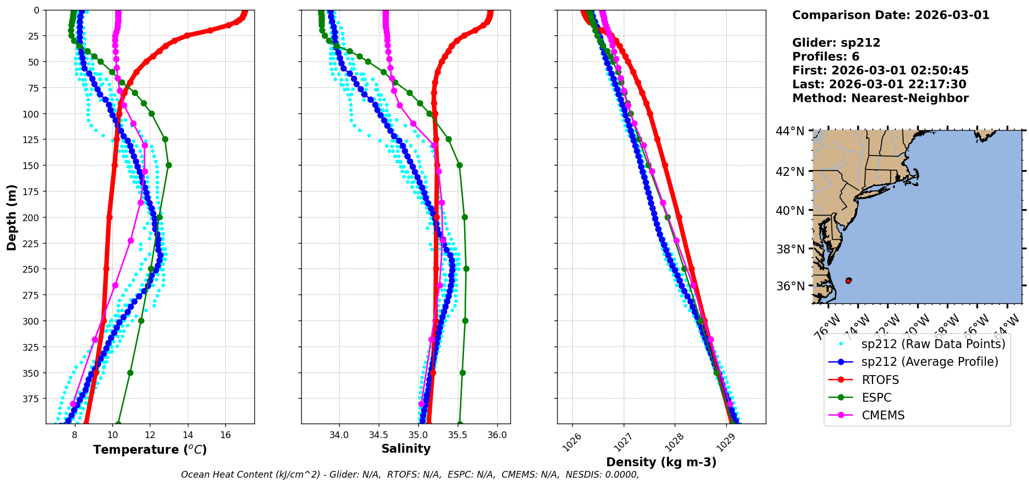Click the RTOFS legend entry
pos(880,380)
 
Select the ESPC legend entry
pos(876,398)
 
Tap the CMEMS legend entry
pos(883,415)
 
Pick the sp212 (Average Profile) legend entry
pos(930,362)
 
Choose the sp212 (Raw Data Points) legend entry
pos(933,344)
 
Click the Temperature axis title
pos(150,450)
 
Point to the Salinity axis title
pos(406,449)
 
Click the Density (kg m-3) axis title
pos(661,462)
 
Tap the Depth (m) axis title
pos(12,217)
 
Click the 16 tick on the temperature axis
pos(225,435)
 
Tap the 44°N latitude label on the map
pos(790,131)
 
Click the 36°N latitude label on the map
pos(790,286)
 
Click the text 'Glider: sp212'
pos(836,43)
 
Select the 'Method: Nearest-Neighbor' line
pos(880,98)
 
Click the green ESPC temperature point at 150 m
pos(169,165)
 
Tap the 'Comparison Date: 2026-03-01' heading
pos(891,15)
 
